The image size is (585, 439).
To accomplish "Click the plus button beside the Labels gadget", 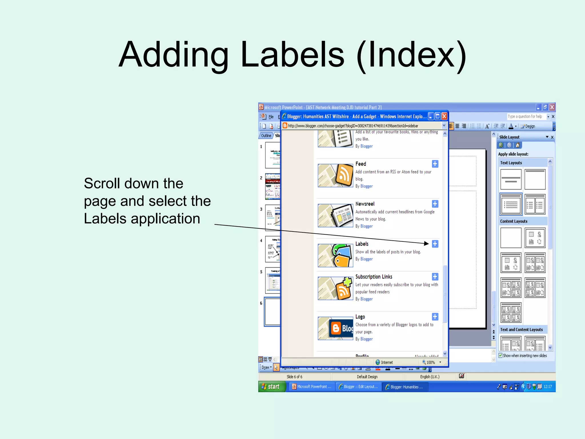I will [435, 244].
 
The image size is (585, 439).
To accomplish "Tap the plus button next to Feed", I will [435, 164].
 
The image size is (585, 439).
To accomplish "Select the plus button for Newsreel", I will [435, 204].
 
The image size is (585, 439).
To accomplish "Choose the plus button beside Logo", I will [435, 317].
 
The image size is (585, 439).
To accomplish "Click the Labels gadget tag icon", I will [342, 255].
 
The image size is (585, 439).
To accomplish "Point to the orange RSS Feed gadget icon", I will [344, 175].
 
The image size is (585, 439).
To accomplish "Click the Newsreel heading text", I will [365, 204].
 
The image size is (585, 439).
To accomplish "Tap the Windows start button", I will [271, 387].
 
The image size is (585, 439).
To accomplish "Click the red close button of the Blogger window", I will [444, 116].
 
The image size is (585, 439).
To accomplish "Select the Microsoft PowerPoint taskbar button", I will [312, 387].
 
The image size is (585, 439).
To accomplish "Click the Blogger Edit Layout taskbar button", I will [358, 387].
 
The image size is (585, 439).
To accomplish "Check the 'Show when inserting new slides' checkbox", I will [500, 356].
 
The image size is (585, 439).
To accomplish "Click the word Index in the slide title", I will [411, 55].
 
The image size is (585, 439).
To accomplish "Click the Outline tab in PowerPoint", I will [266, 135].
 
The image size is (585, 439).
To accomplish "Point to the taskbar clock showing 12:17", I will [548, 387].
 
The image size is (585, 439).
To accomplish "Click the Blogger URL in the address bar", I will [353, 126].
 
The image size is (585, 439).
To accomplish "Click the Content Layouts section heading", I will [514, 221].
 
